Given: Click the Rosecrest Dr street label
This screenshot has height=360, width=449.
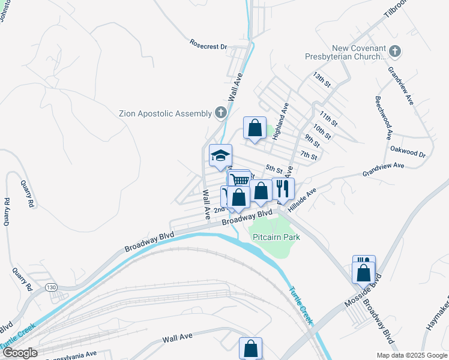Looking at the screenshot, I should tap(208, 46).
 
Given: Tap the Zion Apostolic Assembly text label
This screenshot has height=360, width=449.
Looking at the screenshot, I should tap(165, 113).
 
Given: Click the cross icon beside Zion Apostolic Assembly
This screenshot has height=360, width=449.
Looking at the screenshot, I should tap(220, 112).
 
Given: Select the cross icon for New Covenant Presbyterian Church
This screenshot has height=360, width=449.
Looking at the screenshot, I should tap(394, 52).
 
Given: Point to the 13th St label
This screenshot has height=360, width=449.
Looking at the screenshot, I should tap(322, 80).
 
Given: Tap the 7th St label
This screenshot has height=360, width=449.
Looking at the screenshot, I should tap(309, 156).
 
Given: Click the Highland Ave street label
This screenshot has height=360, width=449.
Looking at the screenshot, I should tap(280, 122).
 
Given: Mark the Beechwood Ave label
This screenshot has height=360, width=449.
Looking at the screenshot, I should tap(384, 114).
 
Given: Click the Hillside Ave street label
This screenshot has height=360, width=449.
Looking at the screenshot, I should tap(302, 201).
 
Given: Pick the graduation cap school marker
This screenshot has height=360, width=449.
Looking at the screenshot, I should tap(220, 155).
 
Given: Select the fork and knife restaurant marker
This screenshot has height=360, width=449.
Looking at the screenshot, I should tap(283, 188).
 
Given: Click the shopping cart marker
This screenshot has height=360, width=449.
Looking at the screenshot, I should tap(240, 179).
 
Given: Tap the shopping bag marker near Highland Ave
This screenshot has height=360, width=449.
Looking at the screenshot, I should tap(255, 127).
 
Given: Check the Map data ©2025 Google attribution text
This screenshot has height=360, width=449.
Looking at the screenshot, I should tap(411, 355).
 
